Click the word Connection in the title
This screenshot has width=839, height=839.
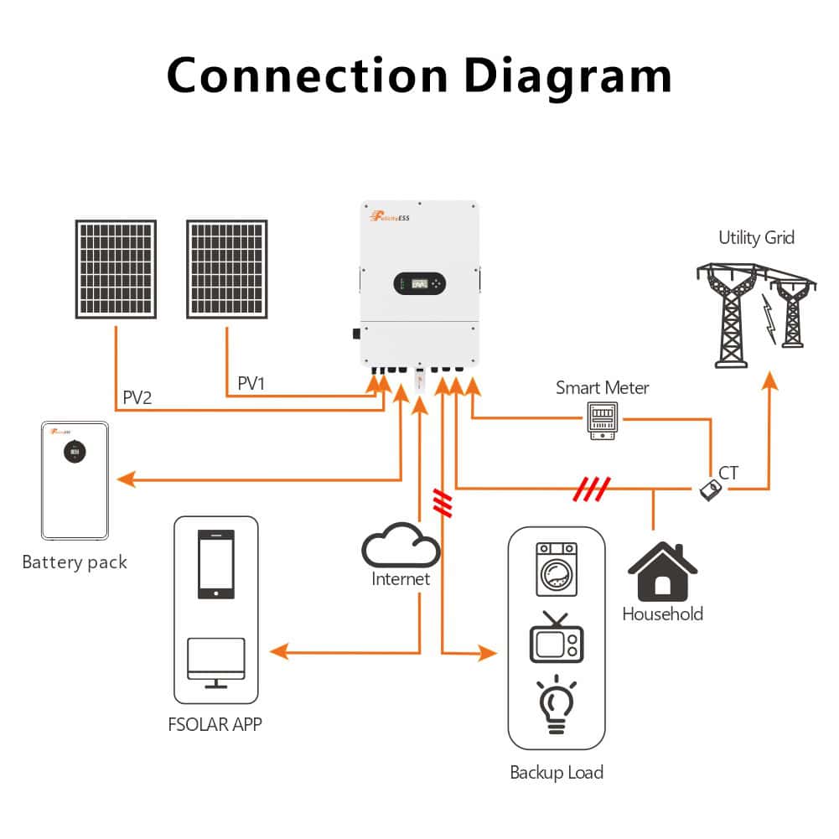click(307, 75)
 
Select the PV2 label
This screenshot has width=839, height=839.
click(137, 397)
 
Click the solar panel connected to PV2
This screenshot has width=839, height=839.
click(116, 269)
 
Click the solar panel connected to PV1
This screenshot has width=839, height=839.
click(226, 269)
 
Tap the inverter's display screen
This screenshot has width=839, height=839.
click(419, 285)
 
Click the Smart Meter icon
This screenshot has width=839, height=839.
click(602, 421)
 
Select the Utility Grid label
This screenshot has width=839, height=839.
click(756, 238)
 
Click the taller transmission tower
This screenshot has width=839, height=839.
click(731, 319)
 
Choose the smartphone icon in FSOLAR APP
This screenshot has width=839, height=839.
click(216, 564)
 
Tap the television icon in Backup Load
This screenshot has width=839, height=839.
click(557, 642)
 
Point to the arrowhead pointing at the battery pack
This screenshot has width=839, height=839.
click(126, 479)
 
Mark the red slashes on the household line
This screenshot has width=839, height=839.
click(591, 488)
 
